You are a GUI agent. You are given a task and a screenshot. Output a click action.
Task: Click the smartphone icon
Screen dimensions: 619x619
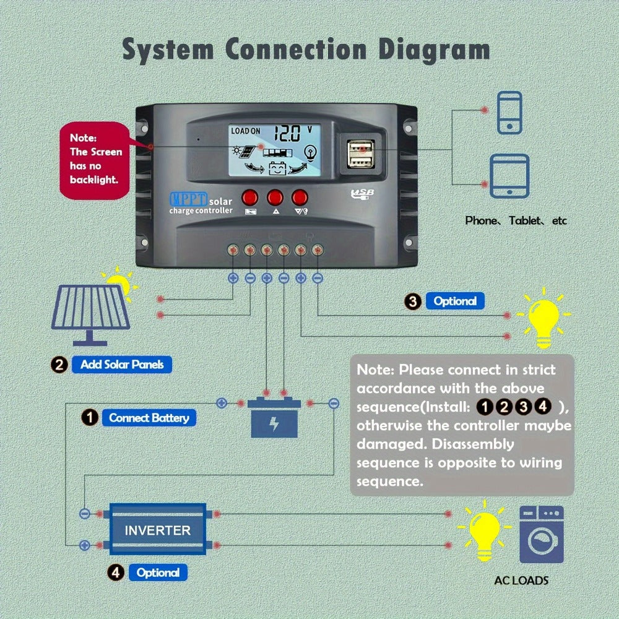(x=509, y=113)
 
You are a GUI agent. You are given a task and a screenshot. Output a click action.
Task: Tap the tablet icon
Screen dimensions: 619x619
(x=509, y=176)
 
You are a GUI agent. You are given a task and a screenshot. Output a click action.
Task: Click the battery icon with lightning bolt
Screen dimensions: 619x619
(x=274, y=418)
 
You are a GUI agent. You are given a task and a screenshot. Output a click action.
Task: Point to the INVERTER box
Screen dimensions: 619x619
(x=158, y=529)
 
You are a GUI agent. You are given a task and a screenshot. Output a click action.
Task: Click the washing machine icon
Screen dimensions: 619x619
(x=541, y=535)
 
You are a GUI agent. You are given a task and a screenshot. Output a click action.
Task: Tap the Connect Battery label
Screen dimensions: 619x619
(x=149, y=418)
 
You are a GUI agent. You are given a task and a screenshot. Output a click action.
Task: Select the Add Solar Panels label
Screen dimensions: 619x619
(x=122, y=365)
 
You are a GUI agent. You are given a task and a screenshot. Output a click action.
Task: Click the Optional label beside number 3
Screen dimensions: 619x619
(x=455, y=301)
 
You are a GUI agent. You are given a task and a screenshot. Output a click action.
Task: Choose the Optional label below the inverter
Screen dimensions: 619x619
(x=158, y=573)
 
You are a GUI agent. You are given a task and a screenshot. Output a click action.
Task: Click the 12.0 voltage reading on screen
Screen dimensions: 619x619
(x=287, y=134)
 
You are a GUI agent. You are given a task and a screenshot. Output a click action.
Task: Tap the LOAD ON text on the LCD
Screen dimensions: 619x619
(x=246, y=131)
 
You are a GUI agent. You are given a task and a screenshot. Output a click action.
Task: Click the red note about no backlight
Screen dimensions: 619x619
(x=94, y=160)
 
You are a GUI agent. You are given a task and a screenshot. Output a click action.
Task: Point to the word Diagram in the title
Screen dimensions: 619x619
(x=435, y=51)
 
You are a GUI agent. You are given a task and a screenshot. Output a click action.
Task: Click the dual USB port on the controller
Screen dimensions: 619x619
(x=361, y=154)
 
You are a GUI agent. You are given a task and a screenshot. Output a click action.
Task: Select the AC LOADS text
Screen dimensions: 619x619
(x=521, y=581)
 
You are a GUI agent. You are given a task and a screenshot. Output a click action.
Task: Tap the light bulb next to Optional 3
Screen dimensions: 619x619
(x=543, y=318)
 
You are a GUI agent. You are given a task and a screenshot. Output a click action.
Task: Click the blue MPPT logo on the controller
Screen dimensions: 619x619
(x=189, y=199)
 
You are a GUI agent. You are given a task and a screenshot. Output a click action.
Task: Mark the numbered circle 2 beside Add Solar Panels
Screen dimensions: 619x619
(x=59, y=365)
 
